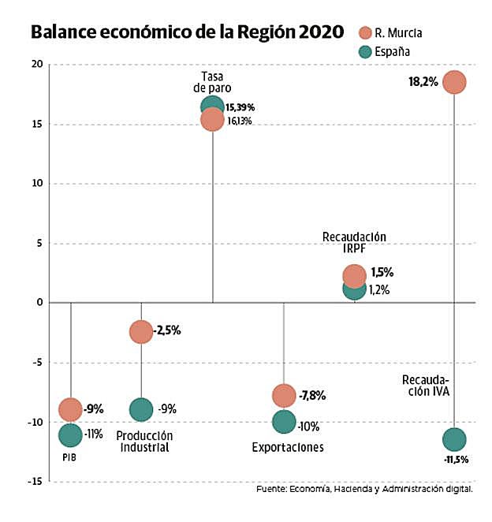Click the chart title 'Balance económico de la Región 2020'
coord(187,32)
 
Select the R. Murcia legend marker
coord(365,33)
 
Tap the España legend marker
coord(365,52)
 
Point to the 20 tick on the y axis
coord(37,65)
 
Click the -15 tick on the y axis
coord(35,482)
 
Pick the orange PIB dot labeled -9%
coord(70,409)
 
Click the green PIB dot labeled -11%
coord(70,434)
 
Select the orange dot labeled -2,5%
coord(140,332)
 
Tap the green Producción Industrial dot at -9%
coord(140,409)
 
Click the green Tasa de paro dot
coord(212,106)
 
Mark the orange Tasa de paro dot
coord(212,120)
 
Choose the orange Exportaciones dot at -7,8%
coord(284,395)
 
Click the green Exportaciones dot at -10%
coord(284,422)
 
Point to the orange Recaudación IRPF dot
coord(354,275)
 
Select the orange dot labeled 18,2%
coord(454,82)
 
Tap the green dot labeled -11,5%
coord(454,438)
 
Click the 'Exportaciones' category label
coord(288,447)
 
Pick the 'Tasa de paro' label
coord(212,81)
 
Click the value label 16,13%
coord(240,121)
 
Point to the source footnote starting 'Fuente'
coord(364,490)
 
